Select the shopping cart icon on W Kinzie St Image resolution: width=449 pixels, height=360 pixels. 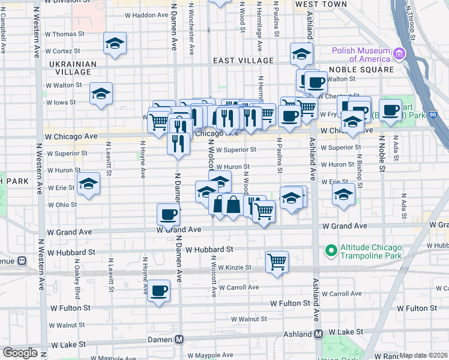[277, 260]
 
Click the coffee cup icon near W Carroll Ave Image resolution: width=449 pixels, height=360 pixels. [159, 290]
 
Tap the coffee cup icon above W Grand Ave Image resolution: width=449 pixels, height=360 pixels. [169, 214]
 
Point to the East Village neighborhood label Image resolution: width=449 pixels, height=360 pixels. [244, 61]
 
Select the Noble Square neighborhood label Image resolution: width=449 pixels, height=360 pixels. [360, 70]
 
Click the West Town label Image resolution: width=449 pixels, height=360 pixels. [321, 4]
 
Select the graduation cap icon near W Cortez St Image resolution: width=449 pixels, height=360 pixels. [115, 43]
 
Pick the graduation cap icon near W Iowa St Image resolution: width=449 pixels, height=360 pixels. [101, 94]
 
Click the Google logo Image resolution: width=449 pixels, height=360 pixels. [20, 352]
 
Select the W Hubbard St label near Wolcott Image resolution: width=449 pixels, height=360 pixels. [209, 249]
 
